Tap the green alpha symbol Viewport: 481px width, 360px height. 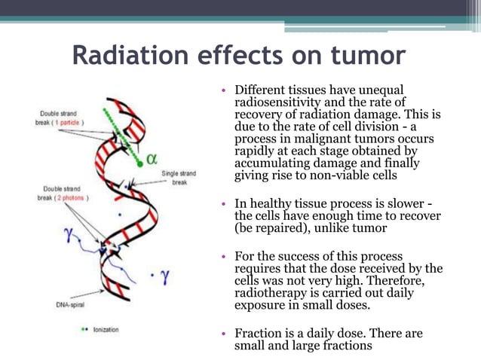pos(152,159)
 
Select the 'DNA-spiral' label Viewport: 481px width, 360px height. pos(69,304)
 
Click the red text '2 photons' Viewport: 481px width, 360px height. pos(72,198)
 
